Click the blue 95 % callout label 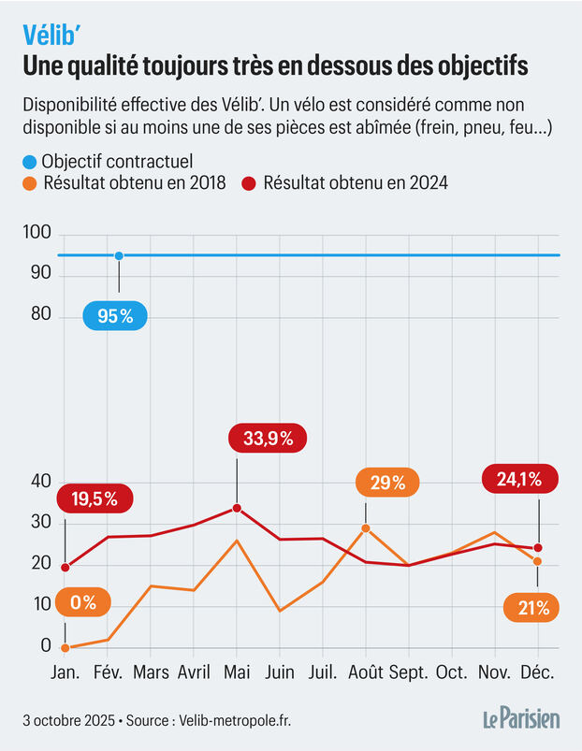pyautogui.click(x=115, y=316)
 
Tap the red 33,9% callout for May pyautogui.click(x=269, y=438)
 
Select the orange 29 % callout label pyautogui.click(x=386, y=484)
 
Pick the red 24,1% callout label pyautogui.click(x=519, y=481)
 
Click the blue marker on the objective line pyautogui.click(x=119, y=255)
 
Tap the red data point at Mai pyautogui.click(x=237, y=508)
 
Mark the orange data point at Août pyautogui.click(x=365, y=528)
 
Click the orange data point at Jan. pyautogui.click(x=65, y=647)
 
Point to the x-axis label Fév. pyautogui.click(x=108, y=673)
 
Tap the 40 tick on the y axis pyautogui.click(x=40, y=482)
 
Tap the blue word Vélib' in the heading pyautogui.click(x=55, y=35)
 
